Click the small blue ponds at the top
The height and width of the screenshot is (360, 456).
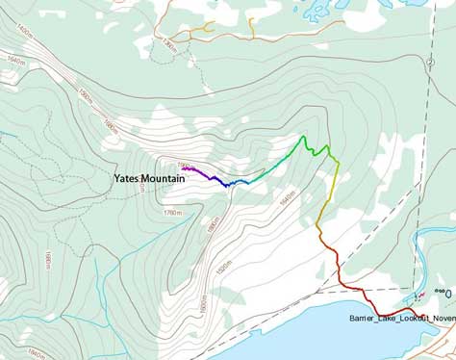click(317, 12)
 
